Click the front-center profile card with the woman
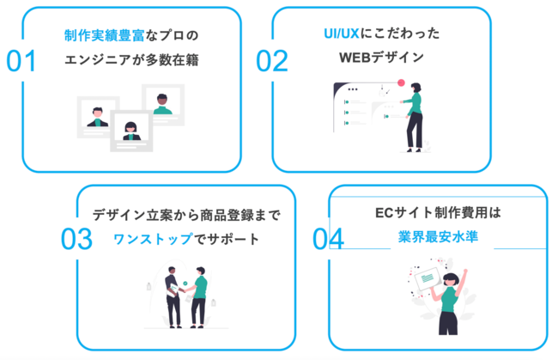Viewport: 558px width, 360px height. point(131,131)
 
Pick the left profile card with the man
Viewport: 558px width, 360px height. point(97,115)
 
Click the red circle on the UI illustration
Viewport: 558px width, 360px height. point(400,83)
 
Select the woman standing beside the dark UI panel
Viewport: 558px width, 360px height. point(415,116)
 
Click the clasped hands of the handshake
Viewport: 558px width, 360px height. point(185,289)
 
